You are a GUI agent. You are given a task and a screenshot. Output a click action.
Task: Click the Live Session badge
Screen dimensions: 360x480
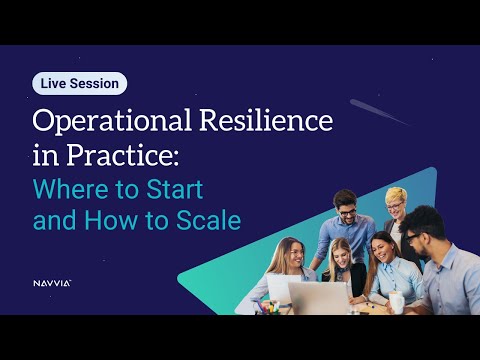pos(80,83)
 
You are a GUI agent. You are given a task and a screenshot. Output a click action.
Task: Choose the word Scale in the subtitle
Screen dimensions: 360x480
pos(210,220)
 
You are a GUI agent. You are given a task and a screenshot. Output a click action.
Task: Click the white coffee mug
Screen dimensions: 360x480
pos(397,301)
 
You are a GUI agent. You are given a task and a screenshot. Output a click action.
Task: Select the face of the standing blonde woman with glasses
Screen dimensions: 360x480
pos(397,200)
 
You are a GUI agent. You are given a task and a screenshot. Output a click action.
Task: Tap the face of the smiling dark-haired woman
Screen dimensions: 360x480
pos(381,247)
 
